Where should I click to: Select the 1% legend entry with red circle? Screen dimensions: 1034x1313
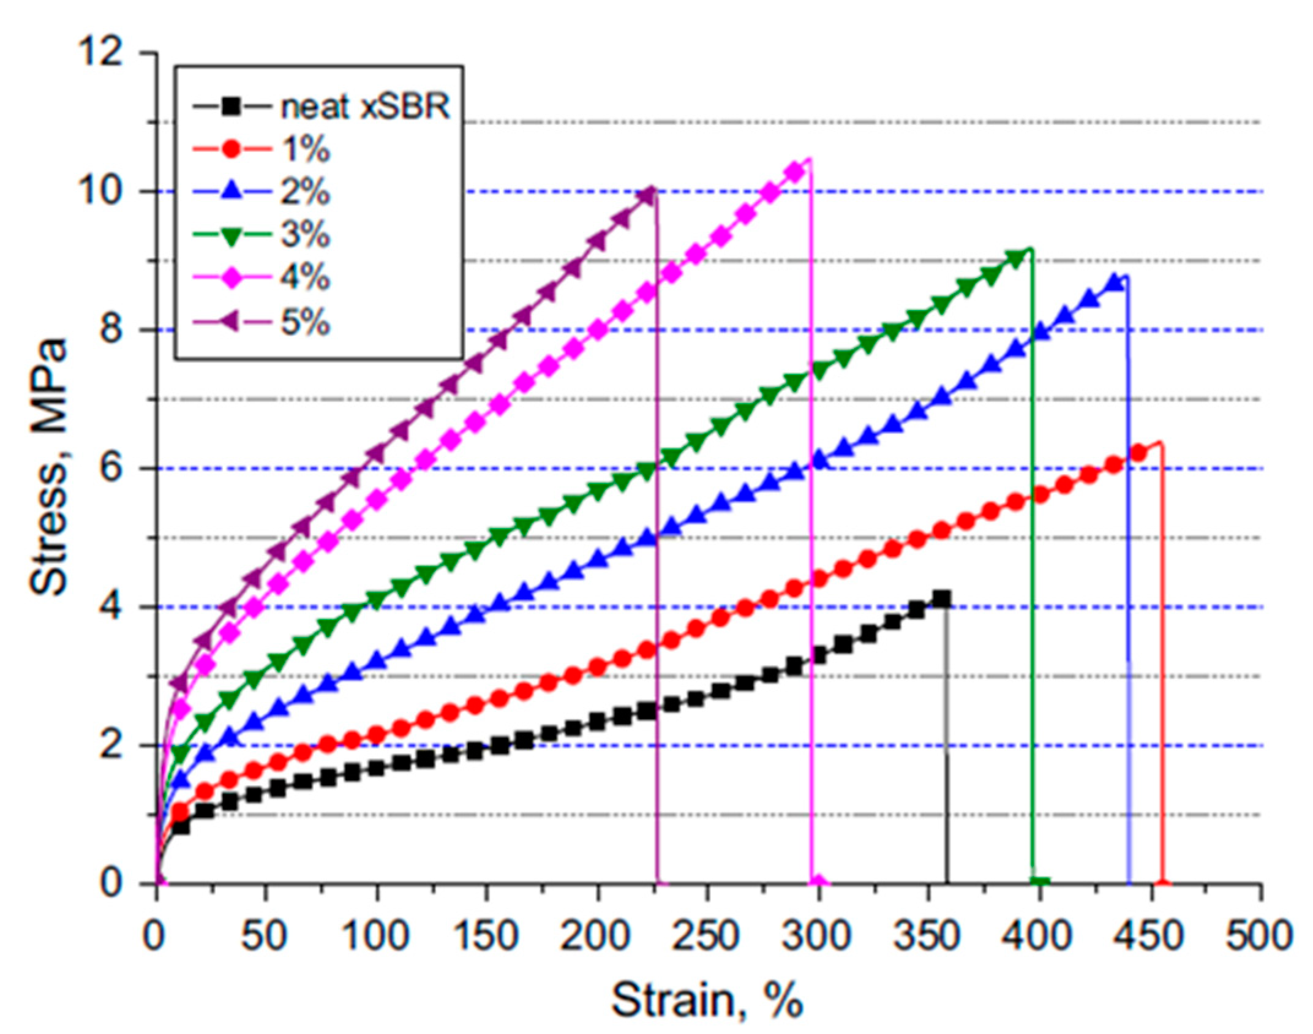click(304, 149)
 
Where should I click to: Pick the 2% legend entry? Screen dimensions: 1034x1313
click(304, 192)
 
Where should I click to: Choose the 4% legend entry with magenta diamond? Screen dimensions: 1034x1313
click(304, 279)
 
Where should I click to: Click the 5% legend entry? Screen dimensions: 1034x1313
click(304, 322)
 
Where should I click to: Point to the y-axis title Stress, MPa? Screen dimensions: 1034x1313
click(49, 469)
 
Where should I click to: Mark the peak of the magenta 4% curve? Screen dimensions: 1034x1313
click(810, 159)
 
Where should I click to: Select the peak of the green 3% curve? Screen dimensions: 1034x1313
click(1030, 249)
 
